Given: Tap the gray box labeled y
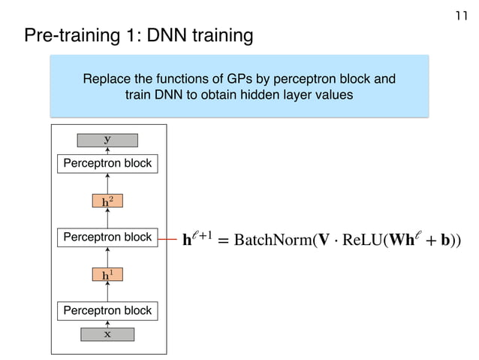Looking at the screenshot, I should (107, 139).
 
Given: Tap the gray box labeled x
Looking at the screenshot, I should (107, 334).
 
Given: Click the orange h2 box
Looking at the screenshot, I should (107, 201).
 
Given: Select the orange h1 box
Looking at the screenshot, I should (107, 275).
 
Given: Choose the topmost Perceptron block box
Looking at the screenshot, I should (107, 163).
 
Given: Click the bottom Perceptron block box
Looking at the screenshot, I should (107, 310).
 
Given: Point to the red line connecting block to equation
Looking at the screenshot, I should (167, 239).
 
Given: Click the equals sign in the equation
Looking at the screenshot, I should (224, 241).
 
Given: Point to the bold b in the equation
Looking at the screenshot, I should (445, 241).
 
